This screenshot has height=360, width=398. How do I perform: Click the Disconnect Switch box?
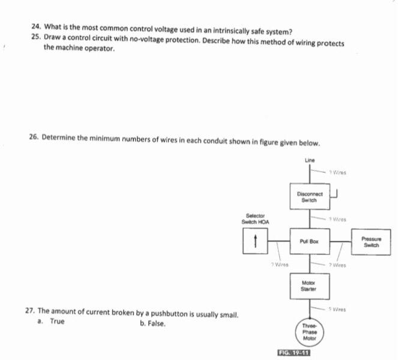[x=310, y=196]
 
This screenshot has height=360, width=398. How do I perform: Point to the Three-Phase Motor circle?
[x=310, y=331]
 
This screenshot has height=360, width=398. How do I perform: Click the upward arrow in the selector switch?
[x=256, y=242]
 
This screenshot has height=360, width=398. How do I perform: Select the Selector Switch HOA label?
[x=255, y=219]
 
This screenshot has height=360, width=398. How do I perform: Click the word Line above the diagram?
[x=310, y=160]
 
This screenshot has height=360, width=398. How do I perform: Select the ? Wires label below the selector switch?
[x=279, y=263]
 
